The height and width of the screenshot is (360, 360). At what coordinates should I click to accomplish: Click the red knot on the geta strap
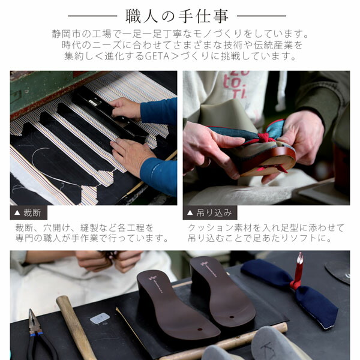262,139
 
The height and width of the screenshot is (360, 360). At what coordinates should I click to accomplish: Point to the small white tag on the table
100,318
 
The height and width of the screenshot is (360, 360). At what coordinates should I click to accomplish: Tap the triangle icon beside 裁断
17,212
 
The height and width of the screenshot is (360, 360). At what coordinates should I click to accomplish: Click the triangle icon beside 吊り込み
190,212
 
